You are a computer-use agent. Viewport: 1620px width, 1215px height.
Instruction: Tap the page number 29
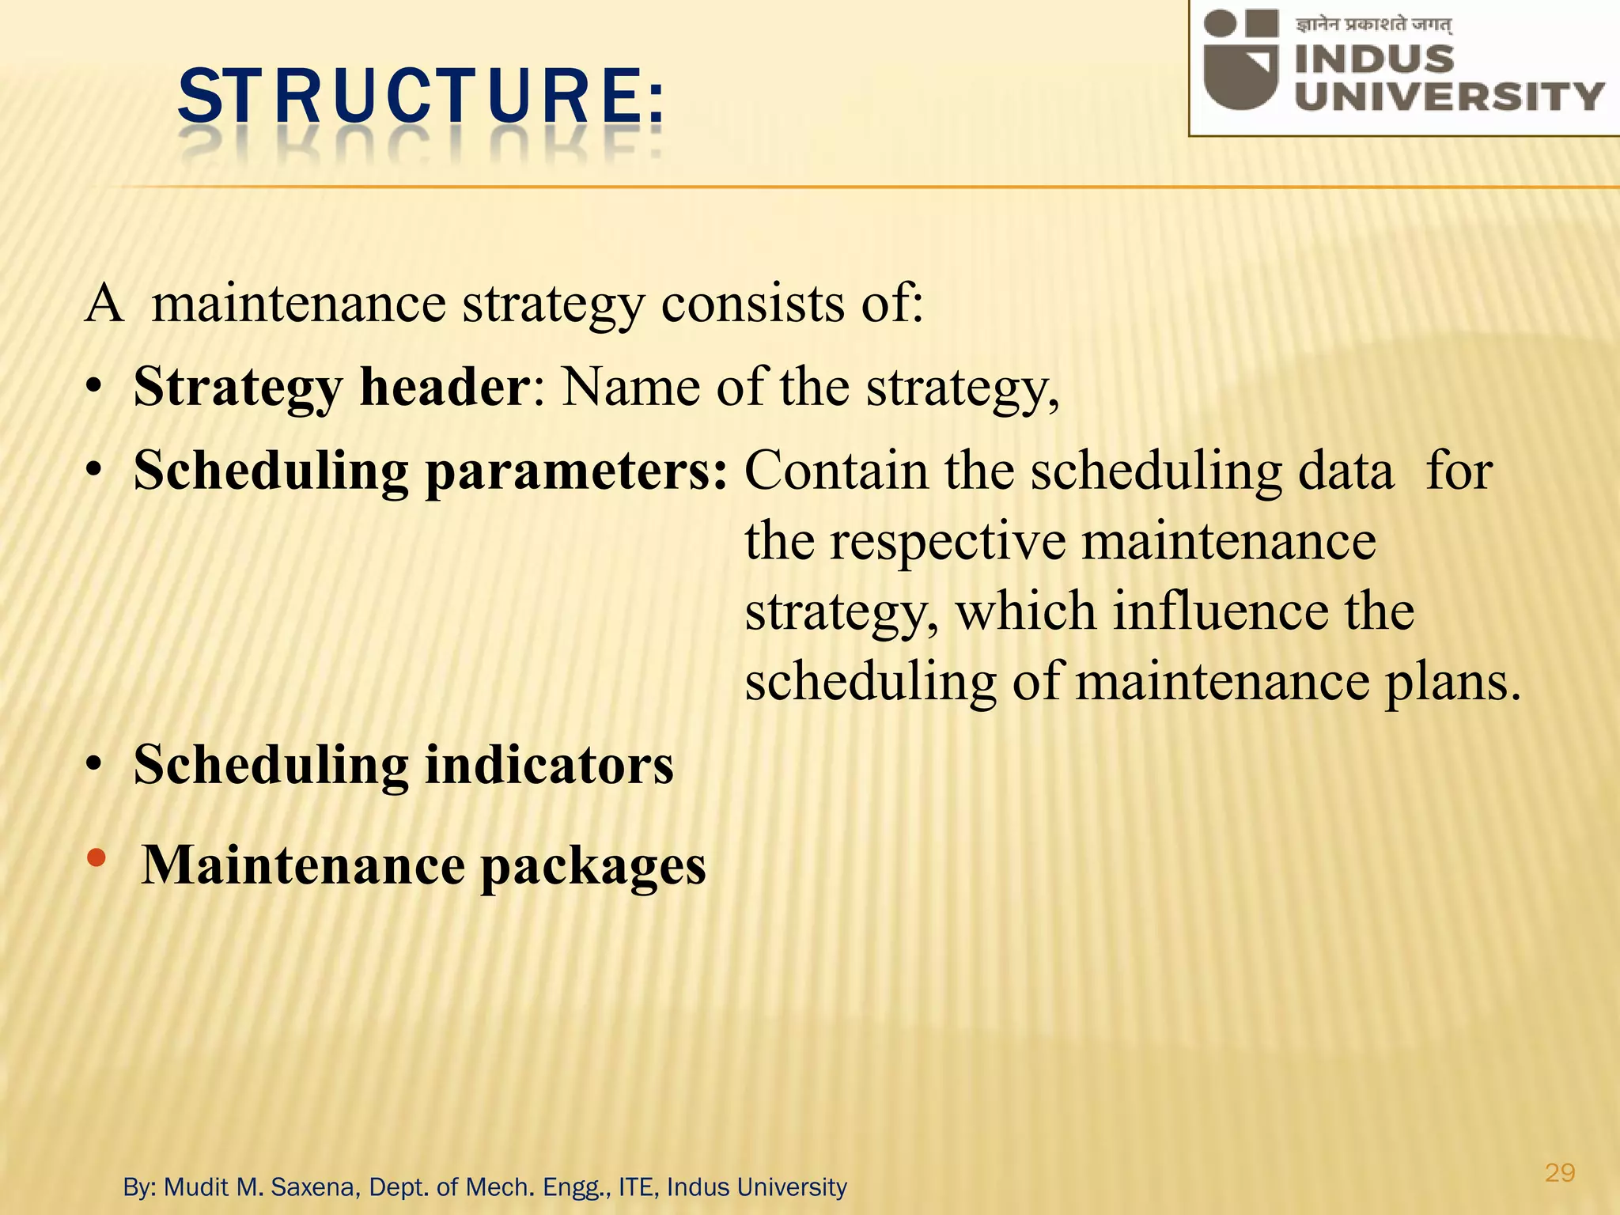1559,1172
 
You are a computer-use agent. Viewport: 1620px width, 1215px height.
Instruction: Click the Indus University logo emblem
1240,59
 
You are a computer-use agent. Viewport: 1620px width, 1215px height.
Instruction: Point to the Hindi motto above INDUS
1373,25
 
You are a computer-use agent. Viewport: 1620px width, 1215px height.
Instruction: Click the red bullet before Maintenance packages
96,857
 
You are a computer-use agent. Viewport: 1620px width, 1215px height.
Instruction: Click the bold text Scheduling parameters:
430,471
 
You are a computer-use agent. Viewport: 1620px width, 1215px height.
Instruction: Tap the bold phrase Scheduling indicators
403,765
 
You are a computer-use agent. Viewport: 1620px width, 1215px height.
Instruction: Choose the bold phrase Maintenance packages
423,865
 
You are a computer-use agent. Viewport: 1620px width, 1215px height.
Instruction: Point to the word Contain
837,471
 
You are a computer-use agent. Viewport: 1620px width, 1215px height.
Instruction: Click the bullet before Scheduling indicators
95,766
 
